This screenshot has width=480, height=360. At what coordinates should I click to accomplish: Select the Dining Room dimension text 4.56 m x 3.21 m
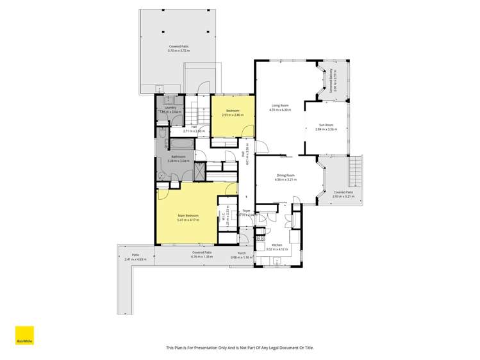pyautogui.click(x=285, y=179)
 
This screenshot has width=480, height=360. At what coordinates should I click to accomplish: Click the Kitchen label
pyautogui.click(x=277, y=245)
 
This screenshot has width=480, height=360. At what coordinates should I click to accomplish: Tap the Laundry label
pyautogui.click(x=170, y=108)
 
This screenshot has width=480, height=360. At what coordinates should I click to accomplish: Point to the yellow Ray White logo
pyautogui.click(x=24, y=336)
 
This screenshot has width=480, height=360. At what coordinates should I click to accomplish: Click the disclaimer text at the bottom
pyautogui.click(x=240, y=348)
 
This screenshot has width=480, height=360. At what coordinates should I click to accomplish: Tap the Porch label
pyautogui.click(x=242, y=253)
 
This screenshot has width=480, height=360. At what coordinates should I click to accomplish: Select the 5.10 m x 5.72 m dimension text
pyautogui.click(x=179, y=50)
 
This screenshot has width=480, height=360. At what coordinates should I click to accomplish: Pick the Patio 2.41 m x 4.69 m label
pyautogui.click(x=135, y=258)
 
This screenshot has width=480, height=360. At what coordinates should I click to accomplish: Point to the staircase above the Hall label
pyautogui.click(x=199, y=114)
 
